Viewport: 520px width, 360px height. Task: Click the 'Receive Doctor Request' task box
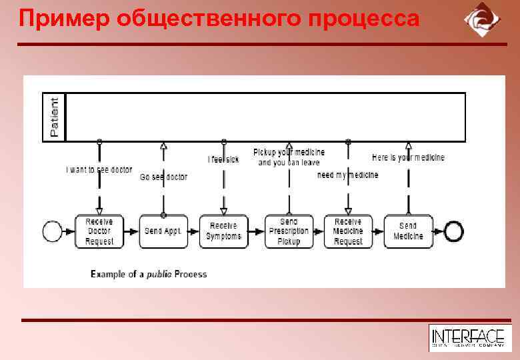99,231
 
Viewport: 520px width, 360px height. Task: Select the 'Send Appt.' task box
163,231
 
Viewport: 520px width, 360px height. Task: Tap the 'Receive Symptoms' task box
223,231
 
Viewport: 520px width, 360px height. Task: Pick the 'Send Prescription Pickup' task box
289,231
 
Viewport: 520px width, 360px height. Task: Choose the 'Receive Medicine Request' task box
348,231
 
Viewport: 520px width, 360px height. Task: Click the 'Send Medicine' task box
408,231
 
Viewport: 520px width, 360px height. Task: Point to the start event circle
52,231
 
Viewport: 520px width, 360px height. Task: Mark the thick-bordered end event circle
454,231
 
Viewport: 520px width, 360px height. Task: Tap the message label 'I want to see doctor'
99,170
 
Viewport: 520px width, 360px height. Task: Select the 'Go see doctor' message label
163,177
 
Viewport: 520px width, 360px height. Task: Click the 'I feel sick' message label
223,159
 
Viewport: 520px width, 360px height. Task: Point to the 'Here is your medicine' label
408,158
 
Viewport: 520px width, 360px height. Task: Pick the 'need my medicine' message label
347,175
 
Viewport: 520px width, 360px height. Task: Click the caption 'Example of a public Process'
149,274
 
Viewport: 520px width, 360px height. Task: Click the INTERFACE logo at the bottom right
467,337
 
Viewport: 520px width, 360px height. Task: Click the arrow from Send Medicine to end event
439,231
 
